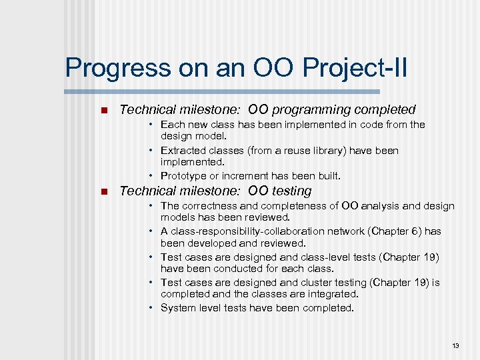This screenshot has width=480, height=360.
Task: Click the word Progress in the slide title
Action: [x=108, y=69]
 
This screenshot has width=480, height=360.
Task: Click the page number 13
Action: [x=455, y=345]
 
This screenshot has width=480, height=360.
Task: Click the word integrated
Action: [x=335, y=294]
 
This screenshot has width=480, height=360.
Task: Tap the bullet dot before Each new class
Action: [x=152, y=125]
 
